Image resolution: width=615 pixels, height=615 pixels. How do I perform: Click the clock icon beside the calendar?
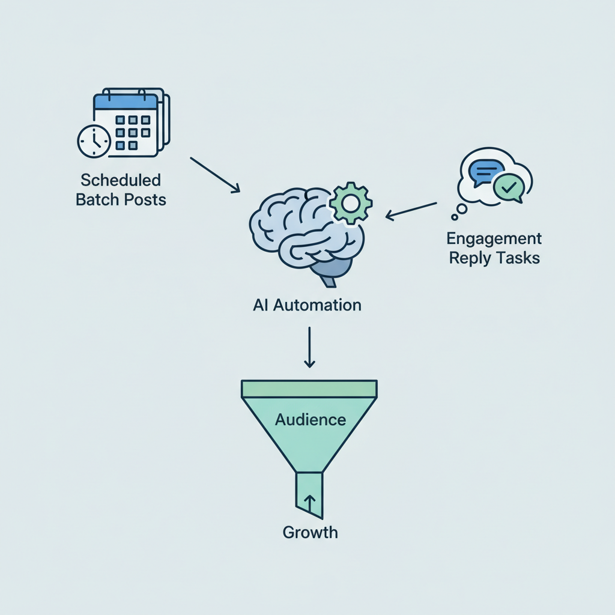point(94,142)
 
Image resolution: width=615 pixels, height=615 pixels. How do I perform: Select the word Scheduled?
point(121,180)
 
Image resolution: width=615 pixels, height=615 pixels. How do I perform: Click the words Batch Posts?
point(121,199)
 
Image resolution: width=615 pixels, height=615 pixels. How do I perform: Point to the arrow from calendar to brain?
point(215,175)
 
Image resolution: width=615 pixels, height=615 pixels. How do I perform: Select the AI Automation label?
point(307,305)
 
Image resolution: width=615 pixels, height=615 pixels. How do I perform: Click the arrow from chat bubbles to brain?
point(411,209)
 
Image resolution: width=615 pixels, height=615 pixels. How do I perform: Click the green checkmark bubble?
point(508,188)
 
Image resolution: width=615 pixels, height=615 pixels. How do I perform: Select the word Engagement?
point(494,238)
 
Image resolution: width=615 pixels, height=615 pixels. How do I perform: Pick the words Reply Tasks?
point(494,258)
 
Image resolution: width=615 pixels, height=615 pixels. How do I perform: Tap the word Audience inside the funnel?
point(310,419)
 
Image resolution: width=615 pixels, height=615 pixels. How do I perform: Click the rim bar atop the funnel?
point(309,389)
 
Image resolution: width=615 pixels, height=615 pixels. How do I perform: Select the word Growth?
point(310,532)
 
